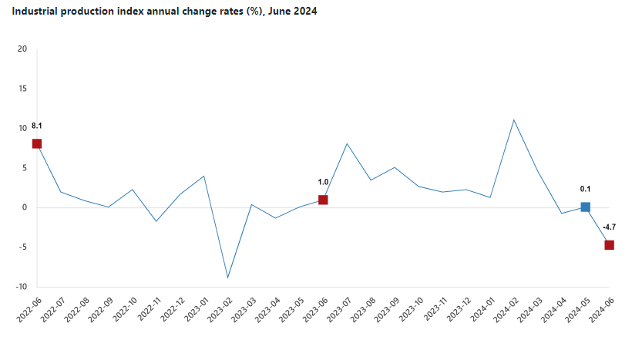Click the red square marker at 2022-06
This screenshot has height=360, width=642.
click(x=37, y=143)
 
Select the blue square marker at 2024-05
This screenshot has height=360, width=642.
click(x=585, y=207)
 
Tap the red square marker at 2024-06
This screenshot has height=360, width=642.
click(x=609, y=245)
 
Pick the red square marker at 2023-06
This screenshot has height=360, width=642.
click(x=323, y=200)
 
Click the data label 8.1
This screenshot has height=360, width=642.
click(x=37, y=126)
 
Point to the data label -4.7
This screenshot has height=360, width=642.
click(x=609, y=227)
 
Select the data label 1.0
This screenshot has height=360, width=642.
click(x=323, y=182)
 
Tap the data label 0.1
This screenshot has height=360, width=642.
click(x=585, y=188)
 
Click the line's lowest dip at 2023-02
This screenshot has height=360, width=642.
click(x=227, y=278)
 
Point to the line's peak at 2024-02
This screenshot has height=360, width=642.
click(x=513, y=119)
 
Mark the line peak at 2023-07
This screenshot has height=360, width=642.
click(x=347, y=143)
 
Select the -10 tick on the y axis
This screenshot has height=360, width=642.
click(x=21, y=287)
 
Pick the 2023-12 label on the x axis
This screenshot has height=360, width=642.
click(x=457, y=308)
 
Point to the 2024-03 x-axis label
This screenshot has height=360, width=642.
click(x=529, y=308)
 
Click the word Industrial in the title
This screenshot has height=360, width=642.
click(x=35, y=12)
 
